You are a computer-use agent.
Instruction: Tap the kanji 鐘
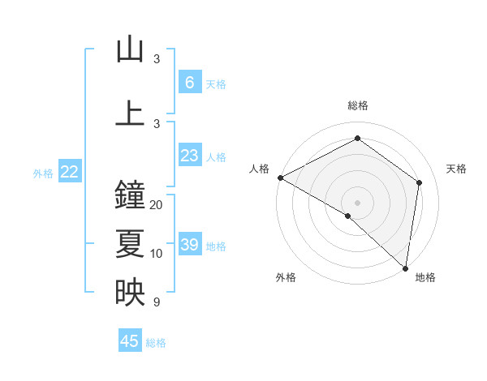point(130,195)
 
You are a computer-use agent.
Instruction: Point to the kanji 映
point(130,291)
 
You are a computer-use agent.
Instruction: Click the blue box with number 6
point(189,83)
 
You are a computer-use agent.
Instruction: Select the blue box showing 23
point(189,156)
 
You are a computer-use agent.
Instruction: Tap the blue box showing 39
point(189,245)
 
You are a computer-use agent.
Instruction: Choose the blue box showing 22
point(70,172)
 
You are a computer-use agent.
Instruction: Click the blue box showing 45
point(130,341)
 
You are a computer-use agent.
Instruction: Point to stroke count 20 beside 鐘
point(157,205)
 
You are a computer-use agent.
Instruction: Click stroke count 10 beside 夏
point(157,254)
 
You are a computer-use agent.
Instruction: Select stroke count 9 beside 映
point(157,302)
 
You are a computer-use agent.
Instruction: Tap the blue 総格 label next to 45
point(156,343)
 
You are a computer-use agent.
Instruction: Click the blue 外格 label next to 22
point(43,173)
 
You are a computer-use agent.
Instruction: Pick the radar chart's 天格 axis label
point(456,169)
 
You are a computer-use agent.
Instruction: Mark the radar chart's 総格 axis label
point(357,105)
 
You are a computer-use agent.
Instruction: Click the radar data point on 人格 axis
point(280,178)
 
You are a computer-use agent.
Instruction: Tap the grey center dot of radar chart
point(357,202)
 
